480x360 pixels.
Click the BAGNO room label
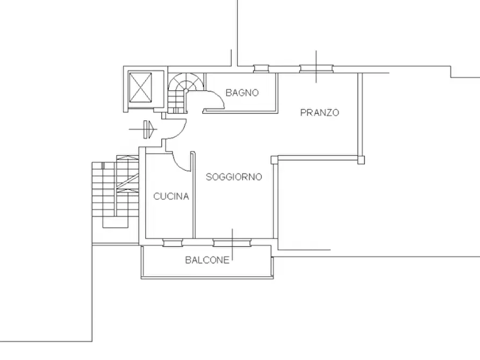[x=242, y=92]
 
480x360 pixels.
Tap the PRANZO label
[x=320, y=113]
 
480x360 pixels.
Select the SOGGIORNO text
[x=234, y=177]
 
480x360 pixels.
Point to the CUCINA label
[x=171, y=196]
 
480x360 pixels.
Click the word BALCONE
[x=207, y=260]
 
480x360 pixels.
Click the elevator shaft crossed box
[x=140, y=88]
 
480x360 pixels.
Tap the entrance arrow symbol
[x=144, y=129]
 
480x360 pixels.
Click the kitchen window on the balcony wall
[x=173, y=243]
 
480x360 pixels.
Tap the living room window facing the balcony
[x=232, y=243]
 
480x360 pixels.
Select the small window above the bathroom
[x=261, y=69]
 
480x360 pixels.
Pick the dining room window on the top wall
[x=316, y=69]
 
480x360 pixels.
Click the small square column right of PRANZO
[x=361, y=160]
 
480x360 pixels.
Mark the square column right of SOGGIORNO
[x=274, y=160]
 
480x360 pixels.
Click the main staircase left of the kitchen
[x=116, y=191]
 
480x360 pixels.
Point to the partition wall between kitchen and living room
[x=193, y=195]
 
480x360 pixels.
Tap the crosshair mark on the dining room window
[x=316, y=67]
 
